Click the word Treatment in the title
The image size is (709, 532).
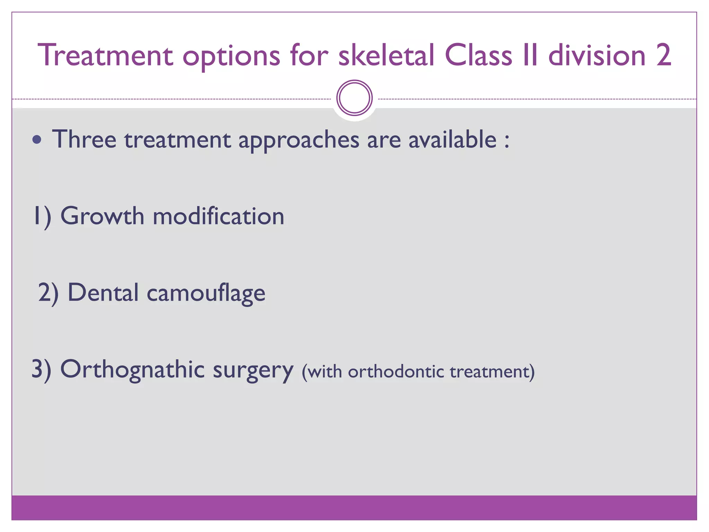click(x=106, y=55)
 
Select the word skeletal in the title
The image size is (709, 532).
click(x=386, y=55)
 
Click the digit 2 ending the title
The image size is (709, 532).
click(x=663, y=55)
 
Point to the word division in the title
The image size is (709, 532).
click(x=597, y=55)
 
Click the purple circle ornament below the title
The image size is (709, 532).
click(x=354, y=98)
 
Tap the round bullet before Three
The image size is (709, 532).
click(x=37, y=140)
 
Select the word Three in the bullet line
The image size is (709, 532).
click(x=84, y=140)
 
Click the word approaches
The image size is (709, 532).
click(x=299, y=140)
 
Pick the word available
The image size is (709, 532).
click(x=452, y=140)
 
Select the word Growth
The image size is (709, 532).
click(x=102, y=216)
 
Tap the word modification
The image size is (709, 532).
click(x=218, y=216)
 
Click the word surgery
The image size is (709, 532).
click(x=253, y=371)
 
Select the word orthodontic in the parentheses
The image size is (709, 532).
click(x=396, y=372)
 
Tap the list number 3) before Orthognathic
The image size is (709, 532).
click(x=41, y=370)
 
